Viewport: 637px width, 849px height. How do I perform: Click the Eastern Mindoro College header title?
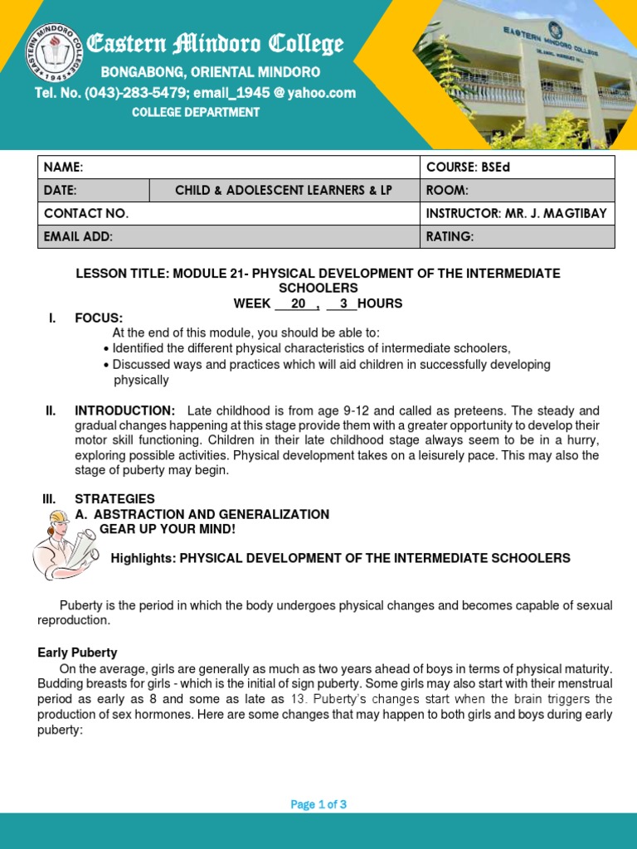pyautogui.click(x=215, y=45)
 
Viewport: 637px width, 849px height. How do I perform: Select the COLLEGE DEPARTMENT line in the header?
pyautogui.click(x=196, y=112)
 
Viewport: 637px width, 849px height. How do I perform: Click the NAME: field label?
pyautogui.click(x=64, y=167)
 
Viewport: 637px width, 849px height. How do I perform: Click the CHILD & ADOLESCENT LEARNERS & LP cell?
pyautogui.click(x=284, y=191)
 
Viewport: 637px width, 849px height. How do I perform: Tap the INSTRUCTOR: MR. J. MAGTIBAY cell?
pyautogui.click(x=516, y=214)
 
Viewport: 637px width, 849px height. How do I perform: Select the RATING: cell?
pyautogui.click(x=450, y=237)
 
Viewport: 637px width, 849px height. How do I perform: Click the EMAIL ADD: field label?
pyautogui.click(x=78, y=237)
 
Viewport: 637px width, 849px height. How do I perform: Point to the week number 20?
pyautogui.click(x=298, y=303)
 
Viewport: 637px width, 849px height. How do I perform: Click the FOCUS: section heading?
pyautogui.click(x=99, y=318)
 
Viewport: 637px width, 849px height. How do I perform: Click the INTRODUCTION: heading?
pyautogui.click(x=124, y=411)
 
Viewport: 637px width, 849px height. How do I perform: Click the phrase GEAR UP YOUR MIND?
pyautogui.click(x=168, y=529)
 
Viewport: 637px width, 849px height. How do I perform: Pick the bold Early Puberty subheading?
pyautogui.click(x=77, y=653)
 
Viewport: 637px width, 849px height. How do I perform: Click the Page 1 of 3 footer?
pyautogui.click(x=318, y=804)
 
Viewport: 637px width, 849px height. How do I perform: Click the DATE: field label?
pyautogui.click(x=61, y=191)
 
